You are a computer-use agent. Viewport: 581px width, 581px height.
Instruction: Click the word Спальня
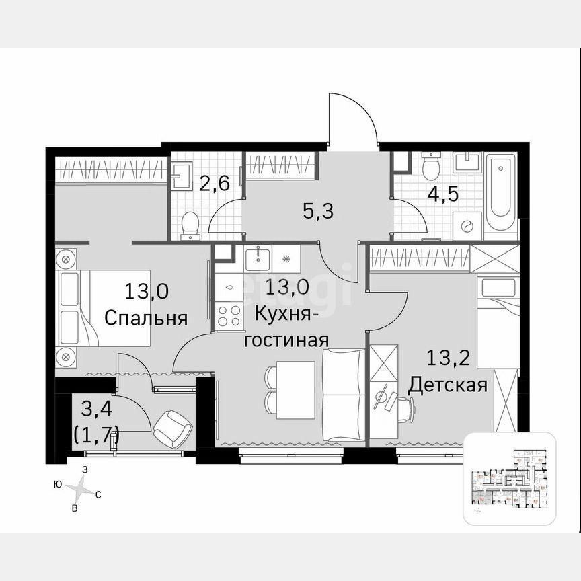pos(146,318)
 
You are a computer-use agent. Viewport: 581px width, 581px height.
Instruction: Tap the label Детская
pos(447,385)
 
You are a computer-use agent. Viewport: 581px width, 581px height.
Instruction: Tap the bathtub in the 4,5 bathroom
pos(501,192)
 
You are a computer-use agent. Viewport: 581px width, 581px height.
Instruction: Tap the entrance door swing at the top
pos(352,121)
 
